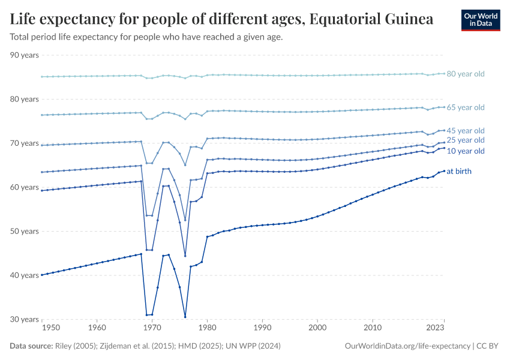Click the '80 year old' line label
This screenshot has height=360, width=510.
pyautogui.click(x=466, y=74)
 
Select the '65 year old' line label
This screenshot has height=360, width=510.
pyautogui.click(x=466, y=107)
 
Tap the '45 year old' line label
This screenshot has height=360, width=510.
pyautogui.click(x=466, y=131)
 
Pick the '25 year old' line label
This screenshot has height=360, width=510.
pyautogui.click(x=466, y=140)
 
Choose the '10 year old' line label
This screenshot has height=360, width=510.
pyautogui.click(x=466, y=151)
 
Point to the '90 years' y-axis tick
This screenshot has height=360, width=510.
pyautogui.click(x=25, y=55)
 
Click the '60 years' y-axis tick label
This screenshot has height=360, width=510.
pyautogui.click(x=25, y=187)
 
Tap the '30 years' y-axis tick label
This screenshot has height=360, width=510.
pyautogui.click(x=25, y=319)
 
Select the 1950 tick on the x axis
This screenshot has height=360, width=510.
pyautogui.click(x=51, y=328)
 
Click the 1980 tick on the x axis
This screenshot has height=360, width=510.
pyautogui.click(x=207, y=328)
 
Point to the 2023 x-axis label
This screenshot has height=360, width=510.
pyautogui.click(x=434, y=328)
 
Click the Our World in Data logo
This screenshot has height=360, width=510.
pyautogui.click(x=480, y=20)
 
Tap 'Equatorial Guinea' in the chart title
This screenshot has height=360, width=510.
pyautogui.click(x=371, y=19)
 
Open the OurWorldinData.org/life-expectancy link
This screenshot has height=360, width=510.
pyautogui.click(x=408, y=346)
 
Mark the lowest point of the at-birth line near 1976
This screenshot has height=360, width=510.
pyautogui.click(x=185, y=317)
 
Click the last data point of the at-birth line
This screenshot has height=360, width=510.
pyautogui.click(x=444, y=170)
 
